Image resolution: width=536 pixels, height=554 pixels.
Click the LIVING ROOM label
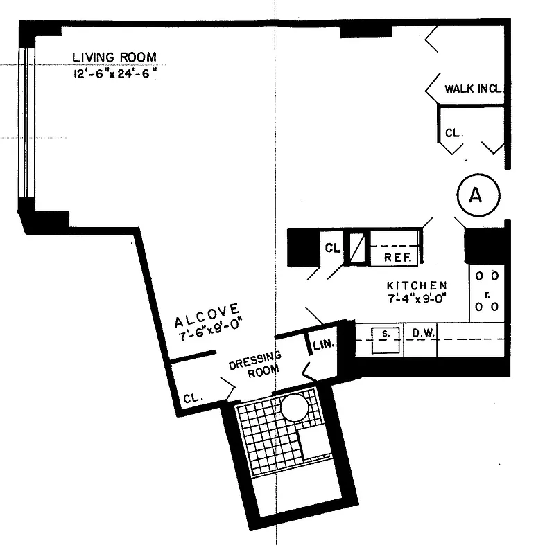click(115, 57)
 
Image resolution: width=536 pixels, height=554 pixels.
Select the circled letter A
click(475, 195)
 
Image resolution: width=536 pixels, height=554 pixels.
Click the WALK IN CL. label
click(473, 89)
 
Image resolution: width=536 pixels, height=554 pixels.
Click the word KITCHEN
click(416, 285)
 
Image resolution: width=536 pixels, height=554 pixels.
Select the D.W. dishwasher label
click(422, 334)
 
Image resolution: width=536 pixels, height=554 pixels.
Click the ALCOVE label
click(207, 317)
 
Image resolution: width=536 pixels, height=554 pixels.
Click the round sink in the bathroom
click(294, 407)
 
